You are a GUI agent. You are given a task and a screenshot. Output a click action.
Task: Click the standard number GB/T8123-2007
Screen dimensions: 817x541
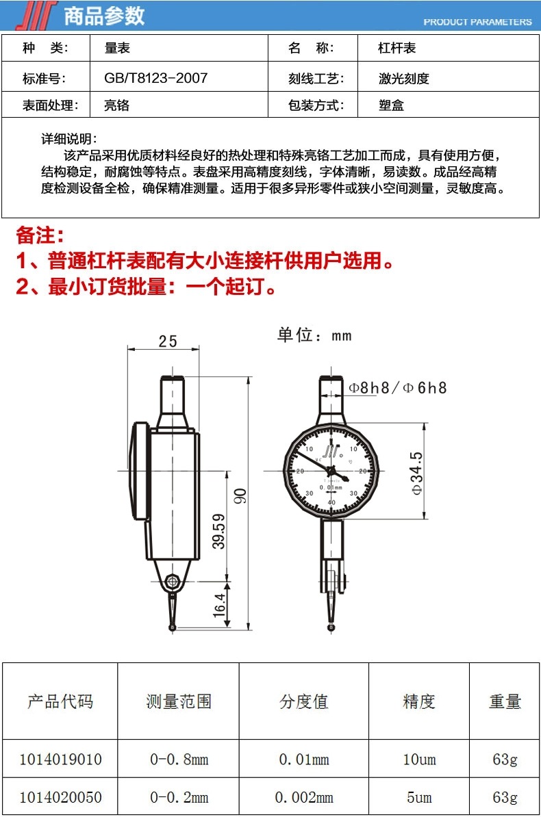click(x=155, y=78)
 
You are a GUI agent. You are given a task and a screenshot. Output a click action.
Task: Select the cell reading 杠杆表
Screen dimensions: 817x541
click(x=397, y=49)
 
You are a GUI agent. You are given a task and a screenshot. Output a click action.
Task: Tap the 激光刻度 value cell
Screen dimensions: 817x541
click(x=403, y=79)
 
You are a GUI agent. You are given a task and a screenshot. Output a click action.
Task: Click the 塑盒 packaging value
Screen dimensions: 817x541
click(x=391, y=106)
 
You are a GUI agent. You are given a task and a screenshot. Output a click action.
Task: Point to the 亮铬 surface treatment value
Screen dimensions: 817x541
click(x=116, y=106)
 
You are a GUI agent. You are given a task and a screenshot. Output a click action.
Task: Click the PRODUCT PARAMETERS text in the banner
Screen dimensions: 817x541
click(x=477, y=22)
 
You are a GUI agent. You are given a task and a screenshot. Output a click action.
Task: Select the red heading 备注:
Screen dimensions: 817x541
click(x=40, y=236)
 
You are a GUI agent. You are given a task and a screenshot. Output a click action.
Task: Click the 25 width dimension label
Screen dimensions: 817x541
click(x=168, y=341)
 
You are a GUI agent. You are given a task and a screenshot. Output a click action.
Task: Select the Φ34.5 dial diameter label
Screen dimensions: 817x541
click(x=417, y=473)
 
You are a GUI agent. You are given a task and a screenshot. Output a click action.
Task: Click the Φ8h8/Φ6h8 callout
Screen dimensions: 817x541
click(x=398, y=388)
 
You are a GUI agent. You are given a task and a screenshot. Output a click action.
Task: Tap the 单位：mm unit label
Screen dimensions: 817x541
click(x=314, y=335)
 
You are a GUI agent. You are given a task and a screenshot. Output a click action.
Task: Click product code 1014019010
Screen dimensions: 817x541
click(x=60, y=760)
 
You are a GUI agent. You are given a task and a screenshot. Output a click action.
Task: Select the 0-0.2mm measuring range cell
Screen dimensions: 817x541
click(x=179, y=798)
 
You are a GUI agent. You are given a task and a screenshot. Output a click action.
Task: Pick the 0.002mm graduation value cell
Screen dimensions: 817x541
click(x=304, y=798)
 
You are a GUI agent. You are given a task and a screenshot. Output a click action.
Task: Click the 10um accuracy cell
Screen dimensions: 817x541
click(x=419, y=760)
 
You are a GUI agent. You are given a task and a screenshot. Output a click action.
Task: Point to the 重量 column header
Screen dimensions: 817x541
click(x=505, y=701)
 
